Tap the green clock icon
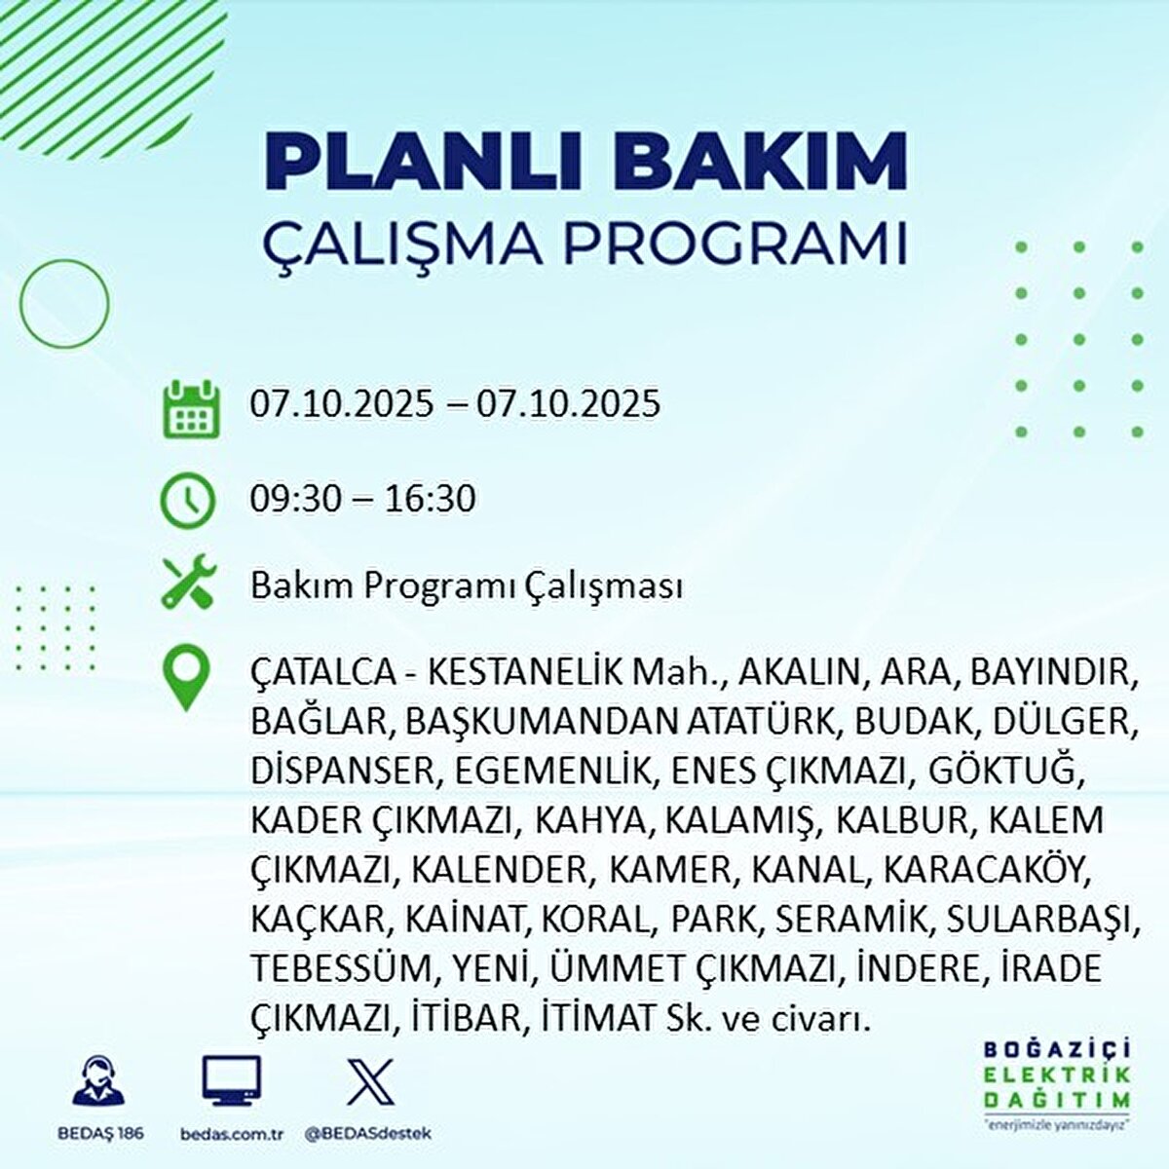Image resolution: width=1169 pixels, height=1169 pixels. click(188, 499)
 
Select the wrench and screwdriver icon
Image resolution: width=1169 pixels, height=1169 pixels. click(188, 584)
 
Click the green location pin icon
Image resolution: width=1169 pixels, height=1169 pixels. click(186, 680)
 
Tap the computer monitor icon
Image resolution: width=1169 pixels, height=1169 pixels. click(232, 1081)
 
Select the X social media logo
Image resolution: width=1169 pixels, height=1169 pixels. click(370, 1081)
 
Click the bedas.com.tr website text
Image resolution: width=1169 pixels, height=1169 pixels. click(232, 1134)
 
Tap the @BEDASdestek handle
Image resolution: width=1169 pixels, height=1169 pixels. click(368, 1134)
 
